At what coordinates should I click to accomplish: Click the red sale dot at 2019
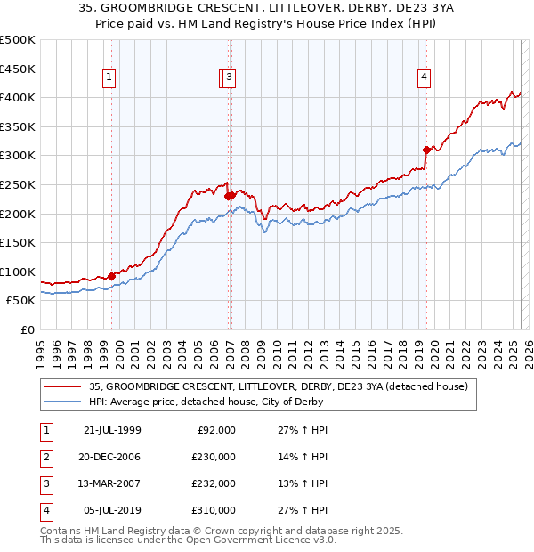(x=426, y=150)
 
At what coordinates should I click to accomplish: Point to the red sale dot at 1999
(x=112, y=276)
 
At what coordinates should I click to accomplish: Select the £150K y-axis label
(x=18, y=242)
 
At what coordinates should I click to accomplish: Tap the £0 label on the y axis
(x=26, y=329)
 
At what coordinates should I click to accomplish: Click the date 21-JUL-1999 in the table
(x=112, y=430)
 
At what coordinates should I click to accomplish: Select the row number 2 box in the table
(x=45, y=457)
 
